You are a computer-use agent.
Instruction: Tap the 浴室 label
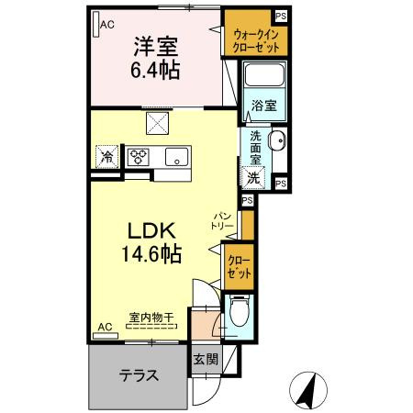[x=261, y=106]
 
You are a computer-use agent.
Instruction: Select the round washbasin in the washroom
[x=279, y=141]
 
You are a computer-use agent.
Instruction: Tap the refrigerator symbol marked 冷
[x=107, y=156]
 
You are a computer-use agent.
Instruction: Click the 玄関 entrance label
[x=206, y=359]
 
